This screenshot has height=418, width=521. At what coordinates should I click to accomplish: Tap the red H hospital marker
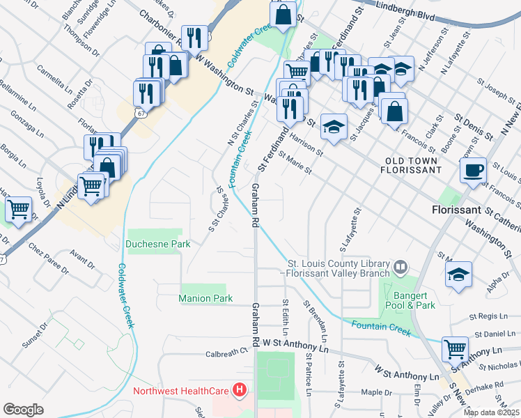[x=240, y=390]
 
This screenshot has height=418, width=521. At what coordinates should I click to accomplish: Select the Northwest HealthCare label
[x=182, y=390]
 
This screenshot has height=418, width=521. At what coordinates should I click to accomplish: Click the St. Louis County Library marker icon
[x=401, y=266]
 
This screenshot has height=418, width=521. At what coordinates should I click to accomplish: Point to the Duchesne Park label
[x=158, y=244]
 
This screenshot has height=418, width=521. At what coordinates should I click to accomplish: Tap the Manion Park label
[x=205, y=298]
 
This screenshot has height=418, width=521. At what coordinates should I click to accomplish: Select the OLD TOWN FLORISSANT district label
[x=412, y=164]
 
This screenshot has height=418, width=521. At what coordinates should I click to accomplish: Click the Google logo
[x=23, y=410]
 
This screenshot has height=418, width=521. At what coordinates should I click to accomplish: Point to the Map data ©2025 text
[x=491, y=412]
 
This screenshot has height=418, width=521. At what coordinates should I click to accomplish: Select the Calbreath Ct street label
[x=227, y=353]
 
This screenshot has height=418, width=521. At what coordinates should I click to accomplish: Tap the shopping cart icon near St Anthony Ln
[x=456, y=348]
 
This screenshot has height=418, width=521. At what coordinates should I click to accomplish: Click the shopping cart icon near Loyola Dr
[x=19, y=208]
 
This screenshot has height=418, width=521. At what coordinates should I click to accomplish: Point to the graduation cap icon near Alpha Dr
[x=459, y=274]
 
